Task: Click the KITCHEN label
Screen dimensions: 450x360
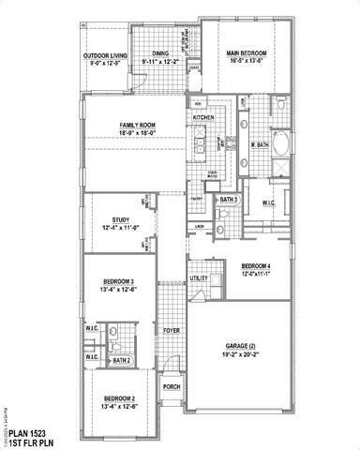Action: click(202, 118)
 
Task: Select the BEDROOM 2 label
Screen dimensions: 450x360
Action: click(118, 398)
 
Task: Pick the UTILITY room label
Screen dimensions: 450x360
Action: click(199, 278)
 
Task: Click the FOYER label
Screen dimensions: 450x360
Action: click(172, 330)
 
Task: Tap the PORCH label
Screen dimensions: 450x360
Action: click(172, 385)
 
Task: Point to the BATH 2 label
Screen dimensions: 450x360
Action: click(120, 360)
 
